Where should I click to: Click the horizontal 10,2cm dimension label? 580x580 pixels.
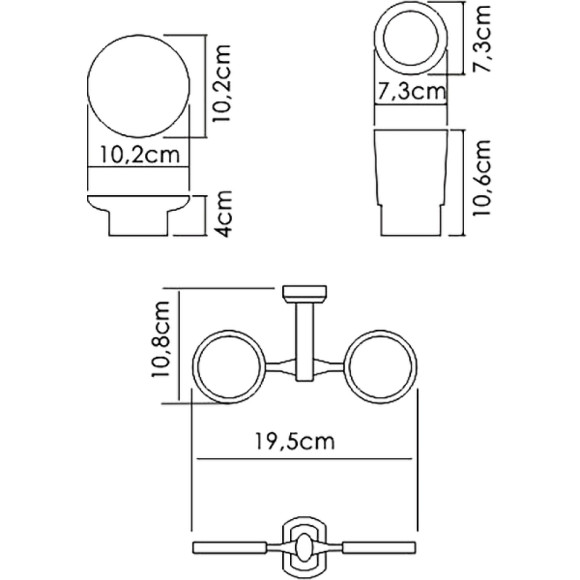pyautogui.click(x=140, y=155)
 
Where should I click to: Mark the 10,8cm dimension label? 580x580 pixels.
pyautogui.click(x=161, y=348)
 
